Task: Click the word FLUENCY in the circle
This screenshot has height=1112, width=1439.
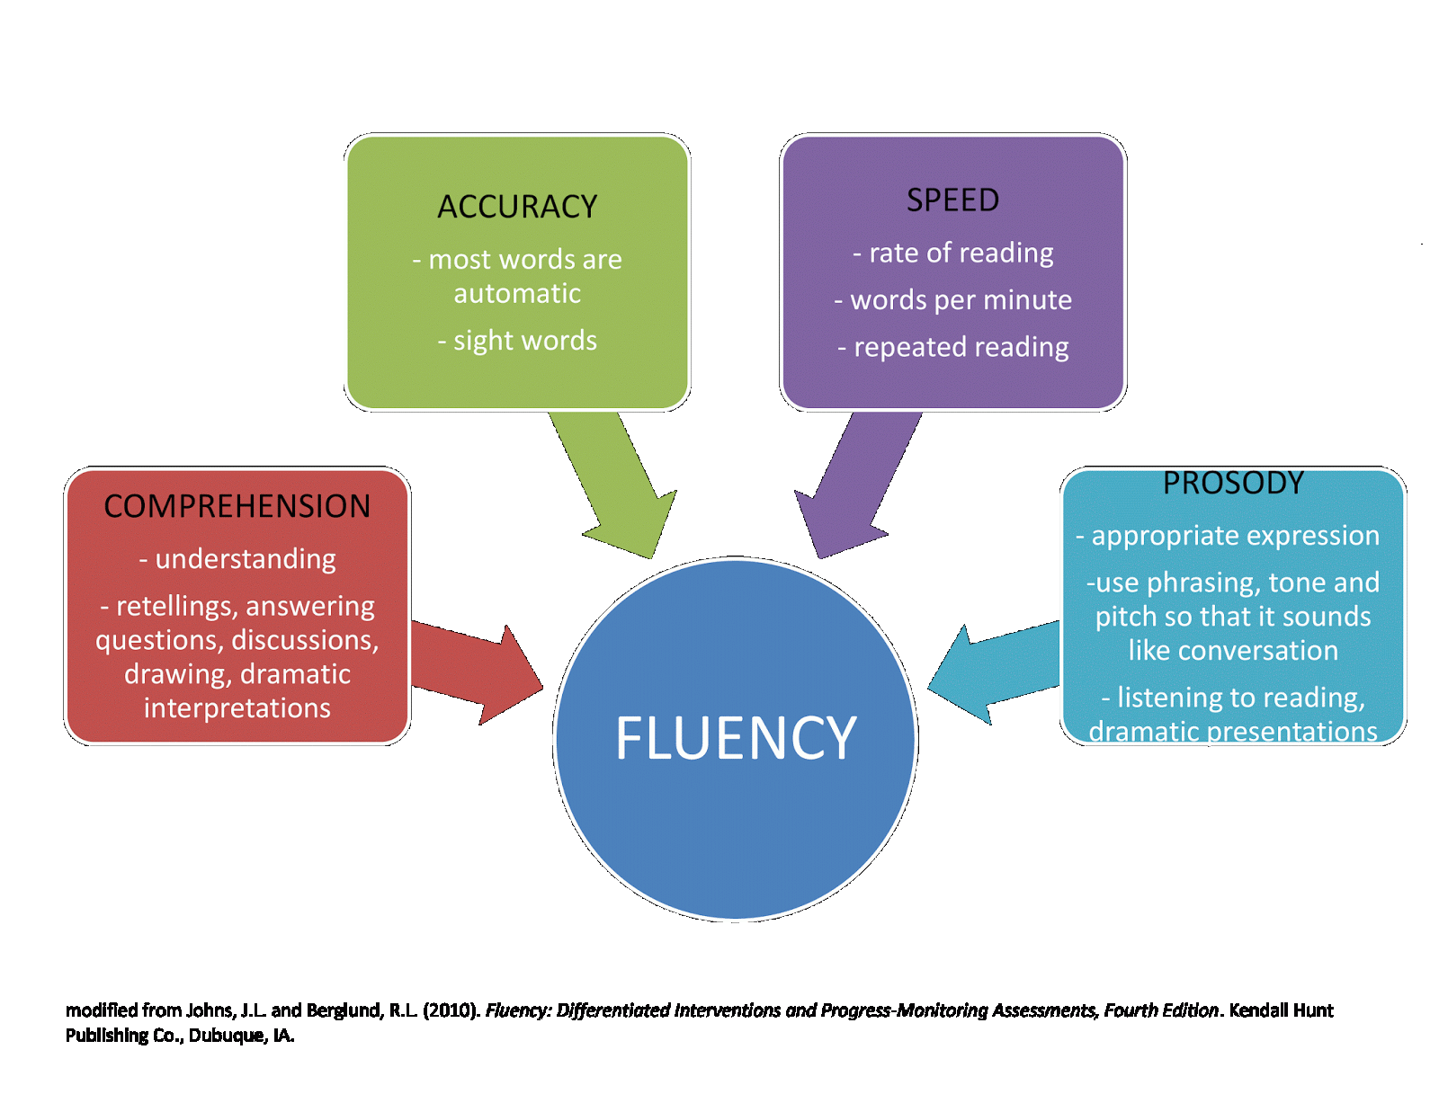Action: point(736,739)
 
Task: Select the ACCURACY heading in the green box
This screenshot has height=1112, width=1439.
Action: point(517,207)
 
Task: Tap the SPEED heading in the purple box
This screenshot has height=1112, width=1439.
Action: point(952,200)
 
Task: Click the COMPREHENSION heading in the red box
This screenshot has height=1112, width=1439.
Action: point(237,506)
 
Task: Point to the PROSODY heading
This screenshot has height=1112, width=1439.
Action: point(1233,484)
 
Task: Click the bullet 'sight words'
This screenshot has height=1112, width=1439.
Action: point(524,341)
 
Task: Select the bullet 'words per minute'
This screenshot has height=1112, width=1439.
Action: point(960,299)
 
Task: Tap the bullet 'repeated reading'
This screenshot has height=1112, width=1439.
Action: point(960,347)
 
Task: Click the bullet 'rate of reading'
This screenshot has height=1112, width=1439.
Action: point(960,253)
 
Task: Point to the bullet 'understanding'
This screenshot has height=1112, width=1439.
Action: point(245,559)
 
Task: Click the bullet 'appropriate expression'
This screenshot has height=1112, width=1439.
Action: point(1234,536)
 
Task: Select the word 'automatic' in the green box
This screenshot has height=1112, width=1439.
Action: point(517,293)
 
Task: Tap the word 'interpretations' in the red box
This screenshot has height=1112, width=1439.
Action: point(237,708)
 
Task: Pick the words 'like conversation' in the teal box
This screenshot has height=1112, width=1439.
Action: point(1233,650)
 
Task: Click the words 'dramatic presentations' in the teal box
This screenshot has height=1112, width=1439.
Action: point(1233,732)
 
